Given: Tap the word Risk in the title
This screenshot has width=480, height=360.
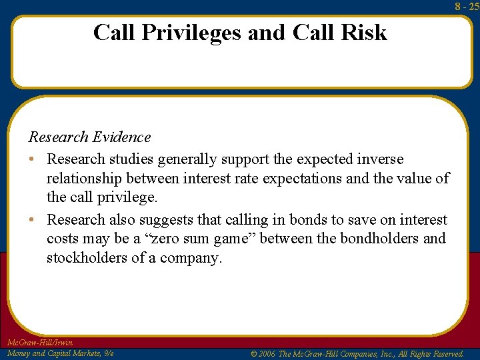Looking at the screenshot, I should [364, 32].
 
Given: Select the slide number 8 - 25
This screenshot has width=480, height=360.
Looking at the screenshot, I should [467, 7].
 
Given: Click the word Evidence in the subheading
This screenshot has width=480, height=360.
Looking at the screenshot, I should [122, 137].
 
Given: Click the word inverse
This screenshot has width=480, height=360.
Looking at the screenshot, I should [380, 159].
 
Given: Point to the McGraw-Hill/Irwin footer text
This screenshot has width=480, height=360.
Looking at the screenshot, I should [39, 343].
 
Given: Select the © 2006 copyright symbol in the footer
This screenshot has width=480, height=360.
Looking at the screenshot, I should [254, 354].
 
